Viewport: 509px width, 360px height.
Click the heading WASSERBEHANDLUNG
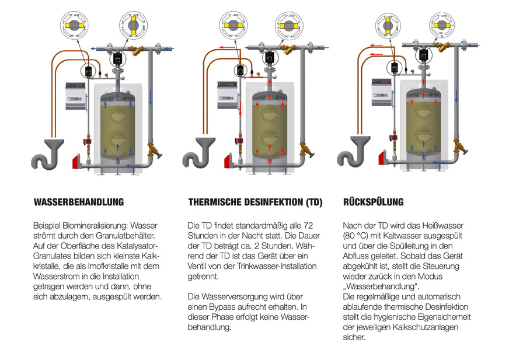pyautogui.click(x=79, y=202)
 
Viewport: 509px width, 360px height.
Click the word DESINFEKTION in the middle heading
pyautogui.click(x=266, y=203)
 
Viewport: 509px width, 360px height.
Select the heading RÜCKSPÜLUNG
pyautogui.click(x=373, y=202)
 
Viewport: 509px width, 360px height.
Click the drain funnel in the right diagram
pyautogui.click(x=362, y=142)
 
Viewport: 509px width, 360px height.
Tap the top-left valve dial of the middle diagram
pyautogui.click(x=236, y=26)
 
